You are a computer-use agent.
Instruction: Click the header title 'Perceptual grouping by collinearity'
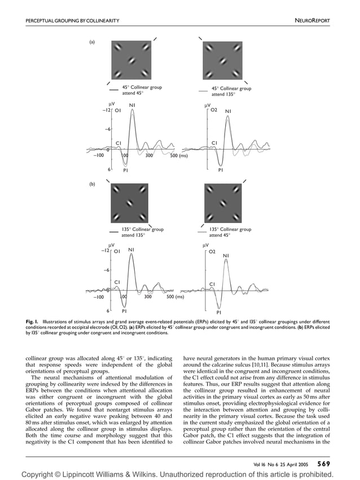[73, 21]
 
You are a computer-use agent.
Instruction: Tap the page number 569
[323, 464]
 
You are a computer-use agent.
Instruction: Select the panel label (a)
[91, 42]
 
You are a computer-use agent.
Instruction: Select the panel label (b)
[91, 184]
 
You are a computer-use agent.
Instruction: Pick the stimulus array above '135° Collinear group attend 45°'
[223, 203]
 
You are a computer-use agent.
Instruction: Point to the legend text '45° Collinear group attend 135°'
[231, 91]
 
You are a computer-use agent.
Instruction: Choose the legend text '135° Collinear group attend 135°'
[142, 232]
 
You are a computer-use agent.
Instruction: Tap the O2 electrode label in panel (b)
[213, 251]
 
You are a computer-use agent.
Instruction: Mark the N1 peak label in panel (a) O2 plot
[229, 112]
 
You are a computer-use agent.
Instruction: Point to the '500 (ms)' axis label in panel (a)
[179, 155]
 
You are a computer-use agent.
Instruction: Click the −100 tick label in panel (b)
[99, 296]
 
